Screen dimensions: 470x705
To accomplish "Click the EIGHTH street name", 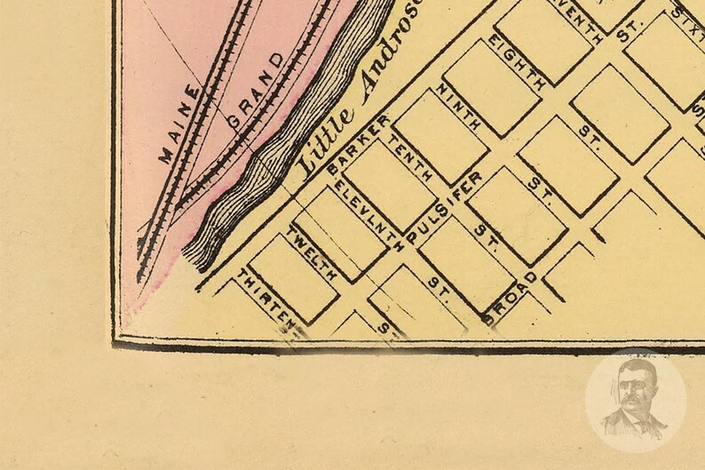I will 518,63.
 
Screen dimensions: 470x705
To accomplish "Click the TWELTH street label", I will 311,255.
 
